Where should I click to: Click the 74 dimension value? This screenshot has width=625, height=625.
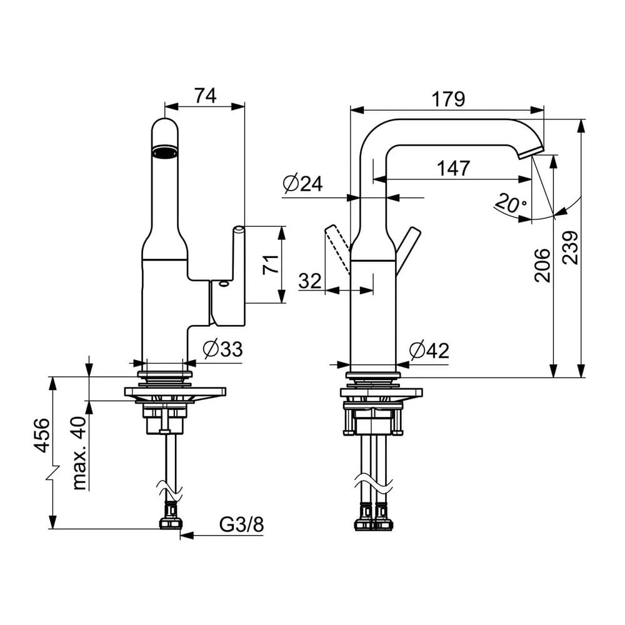click(205, 96)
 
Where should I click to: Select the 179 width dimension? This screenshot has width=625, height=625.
click(448, 99)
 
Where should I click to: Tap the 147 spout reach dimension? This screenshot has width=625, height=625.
click(454, 168)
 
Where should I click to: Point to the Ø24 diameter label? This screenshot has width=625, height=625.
click(303, 184)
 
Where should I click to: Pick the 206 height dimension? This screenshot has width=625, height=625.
click(542, 266)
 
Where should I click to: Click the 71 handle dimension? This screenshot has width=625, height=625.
click(271, 264)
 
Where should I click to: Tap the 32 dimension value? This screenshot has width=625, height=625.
click(310, 281)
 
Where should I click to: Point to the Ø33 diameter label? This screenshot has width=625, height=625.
click(222, 349)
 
